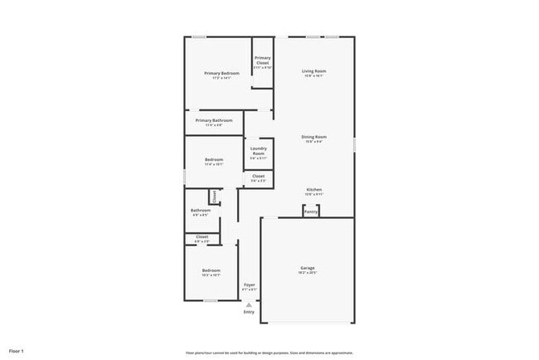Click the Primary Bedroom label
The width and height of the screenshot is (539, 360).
pos(221,73)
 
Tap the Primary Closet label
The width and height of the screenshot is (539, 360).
pos(262,61)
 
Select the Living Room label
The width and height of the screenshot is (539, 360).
pos(313,71)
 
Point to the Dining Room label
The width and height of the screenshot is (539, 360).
pos(313,137)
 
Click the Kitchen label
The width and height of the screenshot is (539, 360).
pos(313,190)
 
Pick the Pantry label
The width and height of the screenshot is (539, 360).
pos(310,212)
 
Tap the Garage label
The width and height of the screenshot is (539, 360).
pos(308,268)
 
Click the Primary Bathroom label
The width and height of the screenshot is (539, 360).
pos(214,121)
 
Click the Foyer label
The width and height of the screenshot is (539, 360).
pos(249,285)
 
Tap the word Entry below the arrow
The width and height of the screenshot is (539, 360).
pos(249,312)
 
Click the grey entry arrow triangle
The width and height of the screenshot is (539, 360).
pos(248,304)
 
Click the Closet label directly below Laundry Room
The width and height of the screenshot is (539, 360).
pos(258,176)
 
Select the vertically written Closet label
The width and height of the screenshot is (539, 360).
pos(213,197)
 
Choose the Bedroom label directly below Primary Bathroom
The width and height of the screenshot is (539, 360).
pos(214,160)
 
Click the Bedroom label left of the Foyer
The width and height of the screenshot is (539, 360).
pos(211,270)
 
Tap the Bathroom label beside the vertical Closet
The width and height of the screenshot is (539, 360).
pos(200,211)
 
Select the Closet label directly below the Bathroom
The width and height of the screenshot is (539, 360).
pos(202,237)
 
